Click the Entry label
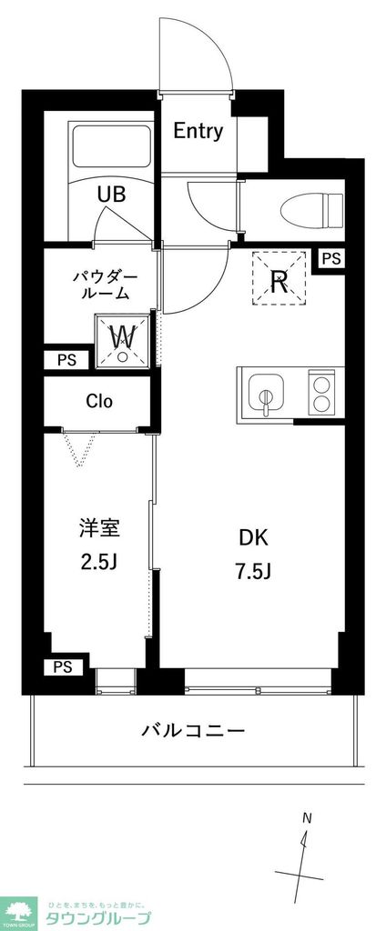pyautogui.click(x=198, y=131)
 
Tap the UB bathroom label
pyautogui.click(x=112, y=193)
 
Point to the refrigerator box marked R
pyautogui.click(x=279, y=280)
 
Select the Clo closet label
pyautogui.click(x=99, y=401)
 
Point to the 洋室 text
pyautogui.click(x=99, y=528)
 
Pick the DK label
pyautogui.click(x=253, y=538)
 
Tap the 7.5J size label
pyautogui.click(x=253, y=572)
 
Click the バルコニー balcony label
pyautogui.click(x=192, y=730)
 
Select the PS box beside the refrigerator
pyautogui.click(x=331, y=259)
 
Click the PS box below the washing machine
pyautogui.click(x=66, y=360)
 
